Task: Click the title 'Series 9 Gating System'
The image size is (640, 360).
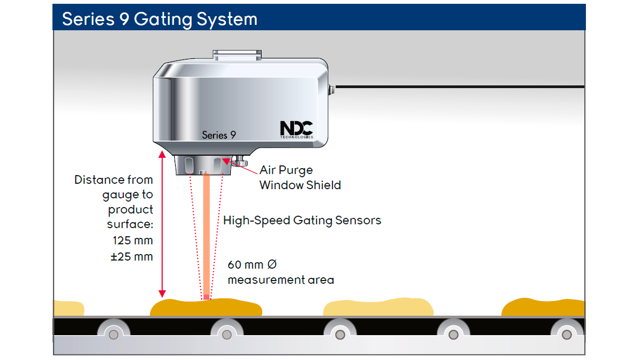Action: point(159,19)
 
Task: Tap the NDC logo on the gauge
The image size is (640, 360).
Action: point(296,129)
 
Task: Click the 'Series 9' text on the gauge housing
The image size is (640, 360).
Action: point(219,135)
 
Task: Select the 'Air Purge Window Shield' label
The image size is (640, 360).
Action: point(300,177)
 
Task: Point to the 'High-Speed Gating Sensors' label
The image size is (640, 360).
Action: point(302,220)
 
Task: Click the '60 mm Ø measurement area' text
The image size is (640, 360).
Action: point(281,272)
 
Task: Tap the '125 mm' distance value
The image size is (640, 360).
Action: point(133,239)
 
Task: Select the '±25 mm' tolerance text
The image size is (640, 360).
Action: point(131,256)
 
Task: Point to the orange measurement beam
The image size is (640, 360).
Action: point(206,238)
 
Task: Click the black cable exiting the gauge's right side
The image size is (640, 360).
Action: point(459,86)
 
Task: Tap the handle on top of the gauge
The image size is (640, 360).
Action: point(237,55)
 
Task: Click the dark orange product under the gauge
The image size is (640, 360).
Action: point(205,308)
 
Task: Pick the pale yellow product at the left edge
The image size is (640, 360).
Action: point(68,308)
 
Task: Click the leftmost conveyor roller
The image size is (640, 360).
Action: point(113,335)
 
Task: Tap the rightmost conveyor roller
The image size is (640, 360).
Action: point(566,335)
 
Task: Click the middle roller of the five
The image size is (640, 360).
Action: point(340,335)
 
